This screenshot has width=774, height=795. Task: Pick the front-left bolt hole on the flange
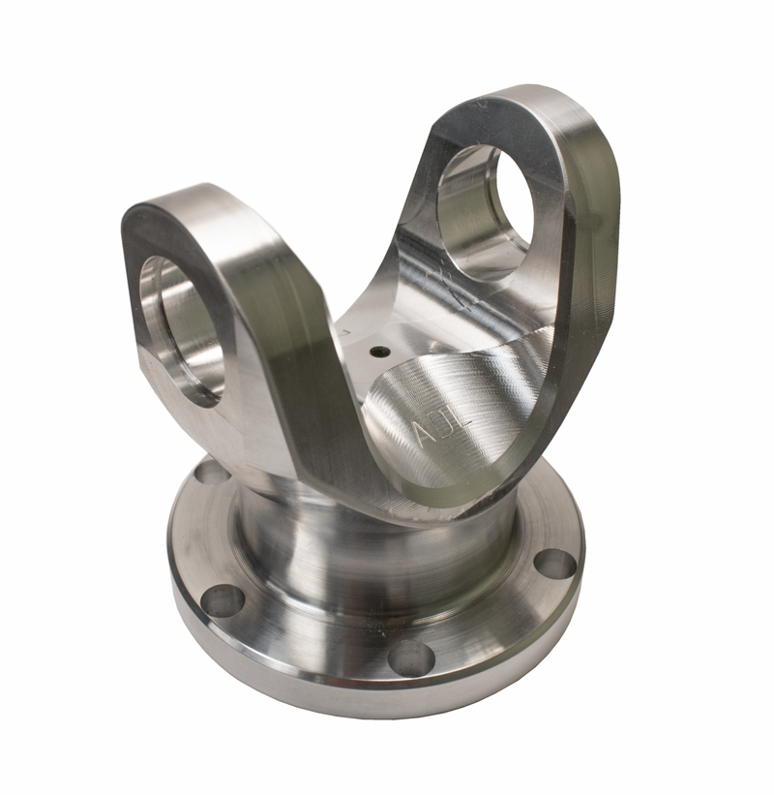click(x=223, y=599)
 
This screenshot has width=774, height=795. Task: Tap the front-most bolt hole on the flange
click(x=411, y=658)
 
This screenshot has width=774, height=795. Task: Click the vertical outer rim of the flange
click(x=319, y=692)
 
